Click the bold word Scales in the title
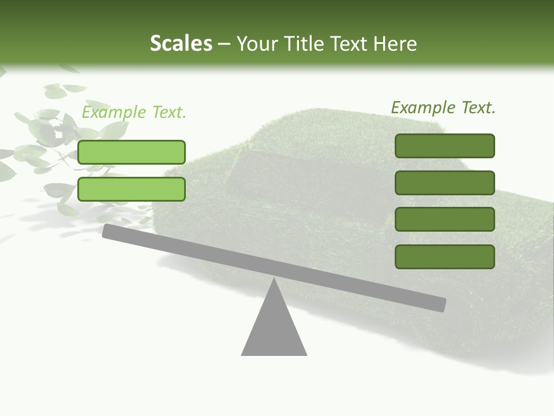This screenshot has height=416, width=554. point(181,43)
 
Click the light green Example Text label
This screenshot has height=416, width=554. point(134,112)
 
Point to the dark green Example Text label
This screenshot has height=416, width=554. point(443,107)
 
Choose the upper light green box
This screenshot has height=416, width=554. point(132,152)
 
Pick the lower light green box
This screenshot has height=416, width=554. point(132,189)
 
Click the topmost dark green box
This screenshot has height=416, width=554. point(444,146)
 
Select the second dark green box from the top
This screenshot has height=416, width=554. point(444,183)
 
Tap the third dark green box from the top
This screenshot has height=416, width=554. point(444,220)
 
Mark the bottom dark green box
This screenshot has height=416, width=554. point(444,257)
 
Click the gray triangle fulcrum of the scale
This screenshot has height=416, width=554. point(274,329)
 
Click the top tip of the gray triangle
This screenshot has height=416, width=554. point(274,280)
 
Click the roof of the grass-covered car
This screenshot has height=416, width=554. point(346,124)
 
